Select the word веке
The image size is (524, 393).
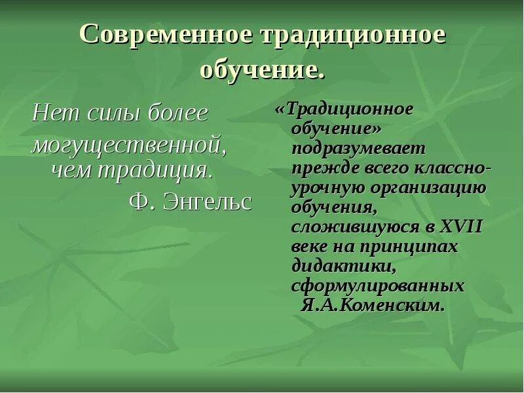coord(310,247)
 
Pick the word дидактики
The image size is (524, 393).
coord(342,267)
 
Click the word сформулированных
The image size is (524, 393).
coord(378,286)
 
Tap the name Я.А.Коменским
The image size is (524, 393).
coord(373,305)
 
